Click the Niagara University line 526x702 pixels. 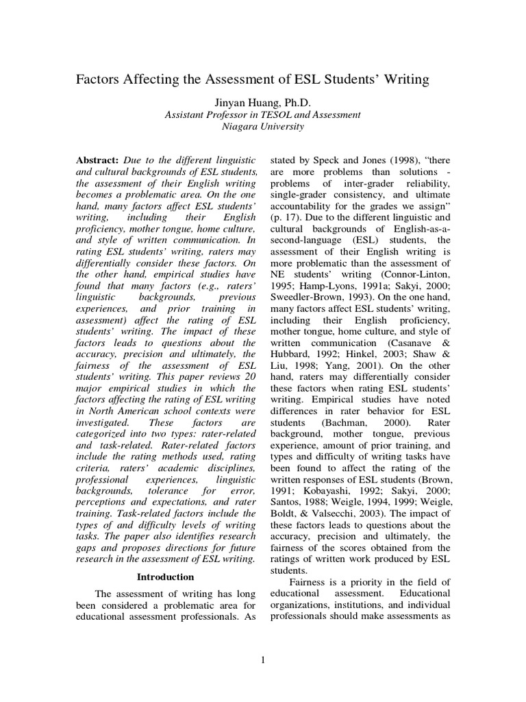[x=263, y=127]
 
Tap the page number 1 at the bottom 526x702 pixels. [x=263, y=660]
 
